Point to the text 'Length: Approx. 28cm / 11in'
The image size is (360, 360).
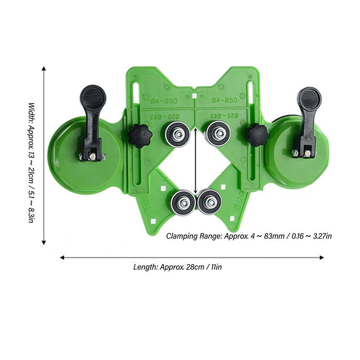click(178, 267)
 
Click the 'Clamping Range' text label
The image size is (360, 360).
click(249, 236)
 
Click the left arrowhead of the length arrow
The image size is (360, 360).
click(62, 257)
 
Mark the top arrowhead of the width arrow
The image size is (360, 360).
click(44, 68)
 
